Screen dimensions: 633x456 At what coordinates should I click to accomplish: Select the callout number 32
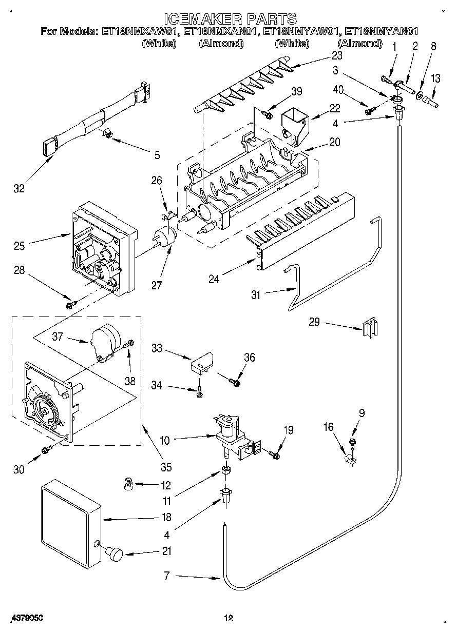[18, 189]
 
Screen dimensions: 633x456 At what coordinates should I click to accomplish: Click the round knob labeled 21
[114, 555]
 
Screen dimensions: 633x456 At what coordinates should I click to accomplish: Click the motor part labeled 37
[104, 342]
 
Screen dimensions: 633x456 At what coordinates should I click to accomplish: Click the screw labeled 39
[267, 113]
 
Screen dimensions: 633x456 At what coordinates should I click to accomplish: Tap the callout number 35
[165, 467]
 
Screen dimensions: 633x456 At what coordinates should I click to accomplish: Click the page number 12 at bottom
[229, 617]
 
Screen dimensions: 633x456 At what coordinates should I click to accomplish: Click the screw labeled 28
[70, 306]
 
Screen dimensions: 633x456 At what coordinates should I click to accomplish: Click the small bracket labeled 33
[201, 362]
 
